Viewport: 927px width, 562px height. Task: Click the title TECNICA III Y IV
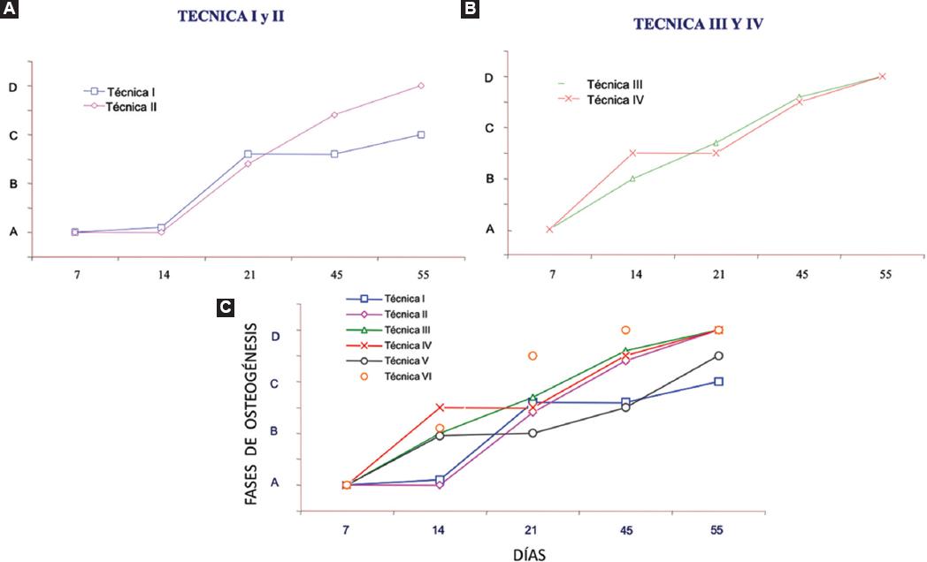[698, 25]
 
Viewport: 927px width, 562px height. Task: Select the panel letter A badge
[9, 10]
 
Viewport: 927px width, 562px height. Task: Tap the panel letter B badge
[471, 10]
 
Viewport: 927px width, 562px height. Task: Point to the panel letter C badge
[226, 308]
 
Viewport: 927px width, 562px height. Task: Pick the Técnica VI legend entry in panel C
[404, 376]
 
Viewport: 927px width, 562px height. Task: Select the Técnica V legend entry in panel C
[404, 360]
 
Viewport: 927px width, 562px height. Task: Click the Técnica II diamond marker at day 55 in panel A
[421, 86]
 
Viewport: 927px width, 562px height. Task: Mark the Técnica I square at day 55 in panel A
[421, 134]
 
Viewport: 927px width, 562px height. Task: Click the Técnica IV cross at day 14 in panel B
[633, 153]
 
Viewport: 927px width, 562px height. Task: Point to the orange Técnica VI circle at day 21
[532, 356]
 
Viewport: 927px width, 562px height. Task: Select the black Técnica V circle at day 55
[718, 355]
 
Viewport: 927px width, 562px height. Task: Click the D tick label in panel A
[13, 87]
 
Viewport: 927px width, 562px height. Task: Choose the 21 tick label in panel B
[717, 274]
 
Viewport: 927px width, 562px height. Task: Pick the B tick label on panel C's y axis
[273, 432]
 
